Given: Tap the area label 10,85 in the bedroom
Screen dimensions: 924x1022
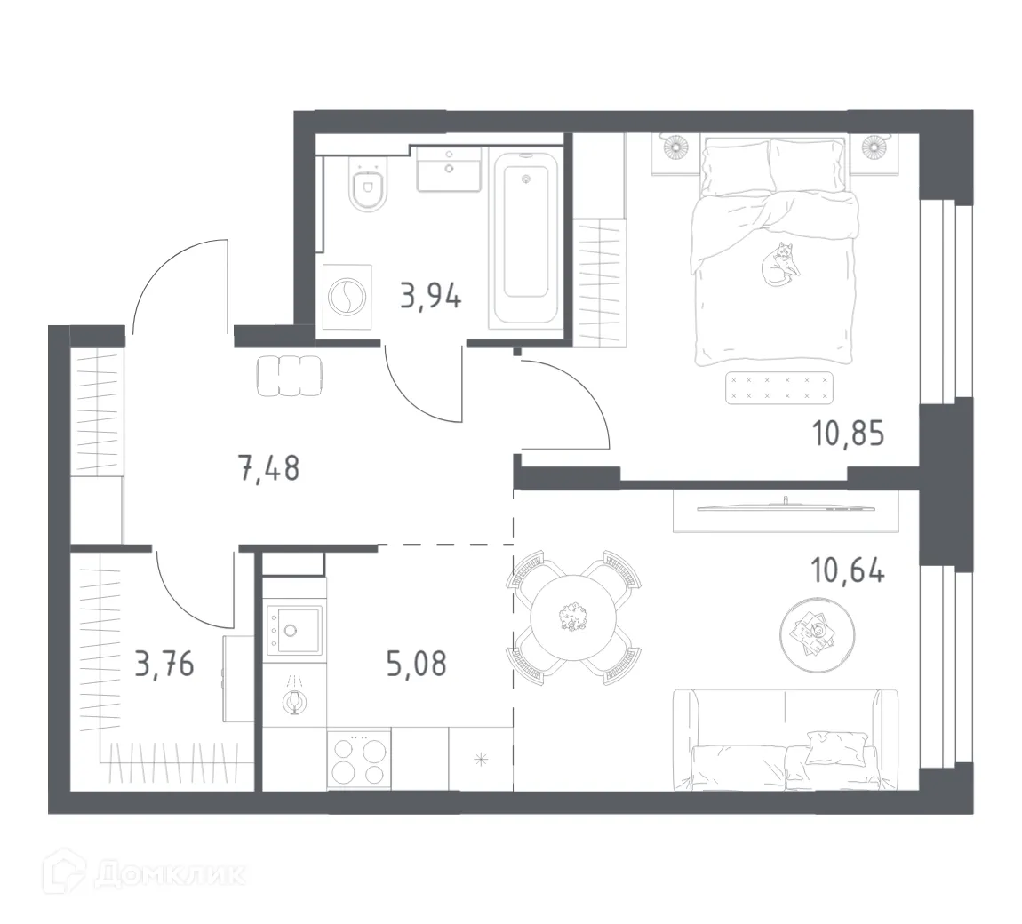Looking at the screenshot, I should click(848, 436).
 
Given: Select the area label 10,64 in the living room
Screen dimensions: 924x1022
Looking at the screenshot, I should click(848, 570).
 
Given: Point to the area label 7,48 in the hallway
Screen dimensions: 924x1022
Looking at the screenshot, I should click(268, 466).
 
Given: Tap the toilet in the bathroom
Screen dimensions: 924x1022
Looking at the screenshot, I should click(366, 187).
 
